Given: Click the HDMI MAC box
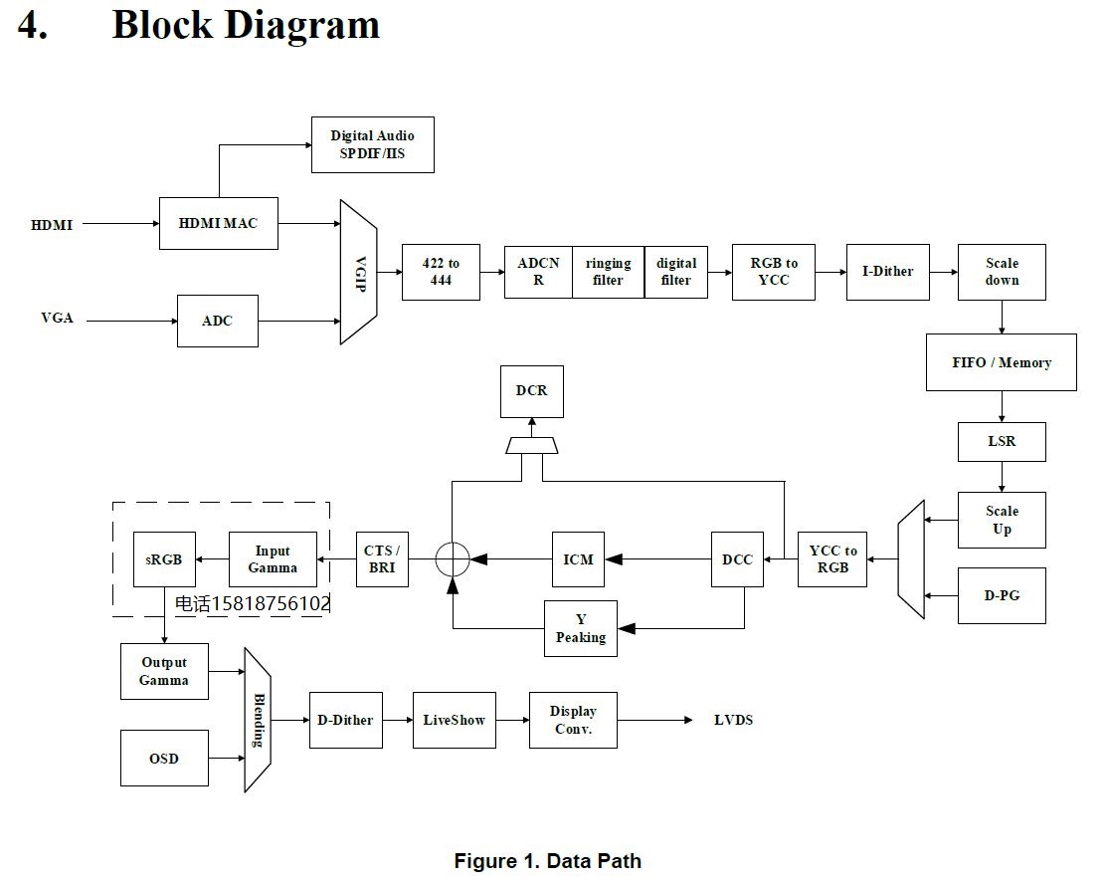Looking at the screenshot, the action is [219, 223].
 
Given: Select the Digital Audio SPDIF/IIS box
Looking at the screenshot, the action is [372, 144].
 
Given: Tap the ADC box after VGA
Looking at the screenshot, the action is [217, 321].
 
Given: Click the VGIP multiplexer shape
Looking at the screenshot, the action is [358, 272].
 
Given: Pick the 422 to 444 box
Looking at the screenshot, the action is [441, 272].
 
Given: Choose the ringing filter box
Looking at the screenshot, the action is [608, 272].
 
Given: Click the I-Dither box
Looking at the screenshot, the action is [887, 272].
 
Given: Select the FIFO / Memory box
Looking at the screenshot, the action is [1001, 362].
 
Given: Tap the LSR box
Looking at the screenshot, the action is [1002, 441].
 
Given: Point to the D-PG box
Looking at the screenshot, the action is [1002, 595].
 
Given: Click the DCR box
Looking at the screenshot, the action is [532, 391].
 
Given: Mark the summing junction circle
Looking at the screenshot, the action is [453, 559].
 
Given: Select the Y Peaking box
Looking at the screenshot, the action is [581, 628].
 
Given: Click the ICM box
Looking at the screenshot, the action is [579, 559].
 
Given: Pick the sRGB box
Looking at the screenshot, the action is [164, 559].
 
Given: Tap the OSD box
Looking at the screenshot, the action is [164, 758].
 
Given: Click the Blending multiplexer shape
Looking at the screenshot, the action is [258, 720].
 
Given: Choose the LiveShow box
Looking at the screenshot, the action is [455, 720].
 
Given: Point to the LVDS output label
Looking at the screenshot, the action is [734, 720].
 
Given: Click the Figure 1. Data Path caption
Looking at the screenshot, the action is [548, 861].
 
